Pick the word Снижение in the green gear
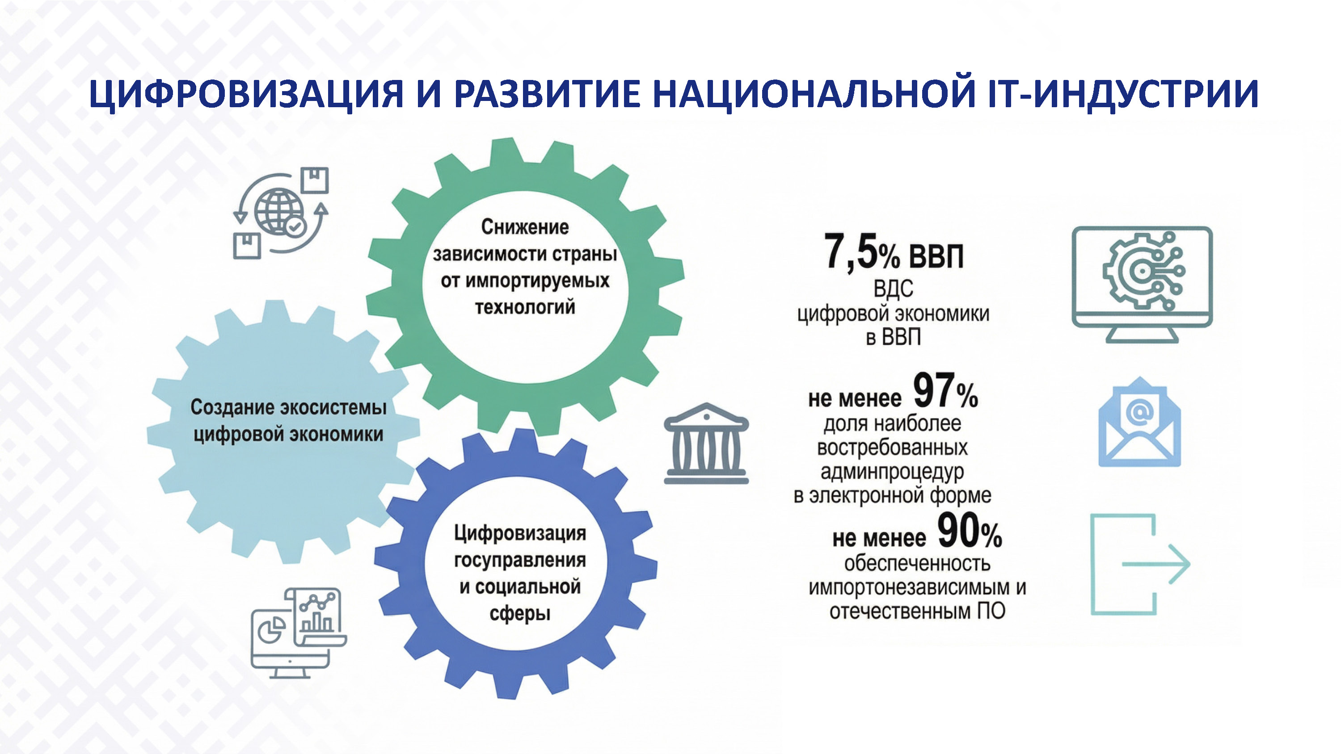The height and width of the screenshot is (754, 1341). (525, 227)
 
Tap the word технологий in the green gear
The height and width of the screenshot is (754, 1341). (525, 307)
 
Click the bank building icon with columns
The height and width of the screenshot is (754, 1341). (706, 444)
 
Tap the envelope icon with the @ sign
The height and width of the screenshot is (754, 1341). (1139, 422)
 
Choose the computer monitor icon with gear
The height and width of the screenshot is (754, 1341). (1142, 284)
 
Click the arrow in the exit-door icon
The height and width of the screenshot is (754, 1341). (1155, 564)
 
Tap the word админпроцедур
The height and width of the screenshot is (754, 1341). (892, 471)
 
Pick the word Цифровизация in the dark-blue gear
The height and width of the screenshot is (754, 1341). (519, 533)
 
